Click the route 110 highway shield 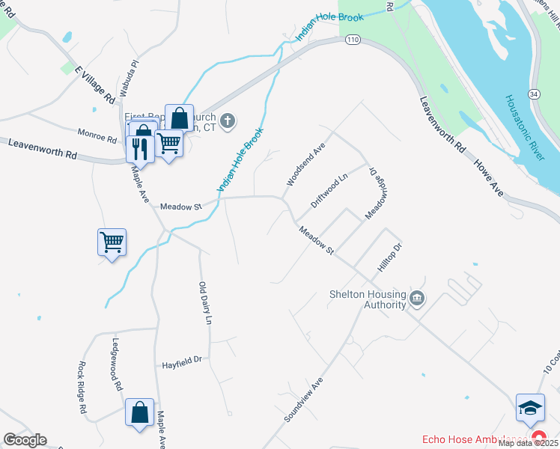(353, 40)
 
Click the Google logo (25, 440)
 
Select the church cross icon (228, 120)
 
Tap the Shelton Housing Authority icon (418, 300)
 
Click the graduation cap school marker (530, 409)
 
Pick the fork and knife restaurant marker (139, 147)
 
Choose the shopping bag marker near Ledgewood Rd (139, 412)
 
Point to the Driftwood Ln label (329, 192)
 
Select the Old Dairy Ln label (205, 302)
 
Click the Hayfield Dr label (183, 361)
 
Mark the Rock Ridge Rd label (82, 388)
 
